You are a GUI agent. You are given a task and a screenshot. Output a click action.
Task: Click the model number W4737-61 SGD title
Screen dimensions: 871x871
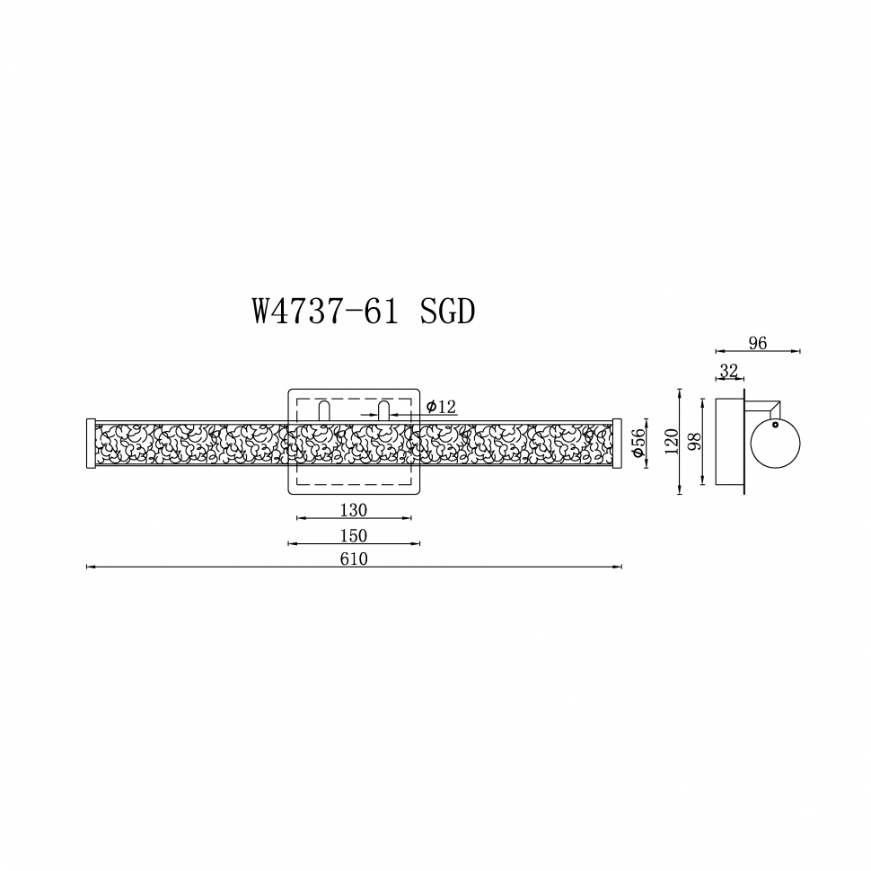click(x=364, y=312)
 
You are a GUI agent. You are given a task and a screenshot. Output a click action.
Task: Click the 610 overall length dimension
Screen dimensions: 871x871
click(x=354, y=559)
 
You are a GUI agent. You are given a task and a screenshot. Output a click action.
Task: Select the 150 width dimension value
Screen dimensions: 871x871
click(x=354, y=535)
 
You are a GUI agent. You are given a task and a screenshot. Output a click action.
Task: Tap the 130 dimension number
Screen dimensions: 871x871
click(x=354, y=510)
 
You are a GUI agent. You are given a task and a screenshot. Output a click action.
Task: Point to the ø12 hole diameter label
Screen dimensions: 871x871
click(x=441, y=407)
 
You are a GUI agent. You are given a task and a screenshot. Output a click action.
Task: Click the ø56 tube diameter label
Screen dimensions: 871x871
click(x=638, y=444)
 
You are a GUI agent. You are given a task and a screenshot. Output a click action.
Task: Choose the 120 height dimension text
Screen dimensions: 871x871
click(x=669, y=442)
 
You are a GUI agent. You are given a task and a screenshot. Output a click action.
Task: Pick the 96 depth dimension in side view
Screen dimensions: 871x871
click(x=757, y=343)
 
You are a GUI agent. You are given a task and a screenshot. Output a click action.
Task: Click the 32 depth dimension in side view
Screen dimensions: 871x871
click(x=728, y=370)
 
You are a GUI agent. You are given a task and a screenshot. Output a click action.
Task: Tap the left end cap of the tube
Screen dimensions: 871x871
click(x=90, y=443)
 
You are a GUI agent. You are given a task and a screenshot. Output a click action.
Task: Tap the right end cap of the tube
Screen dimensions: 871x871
click(x=617, y=443)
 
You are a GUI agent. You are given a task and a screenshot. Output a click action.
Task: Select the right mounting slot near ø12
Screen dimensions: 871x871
click(x=384, y=411)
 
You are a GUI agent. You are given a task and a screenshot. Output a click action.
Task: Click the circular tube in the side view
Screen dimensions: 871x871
click(x=775, y=444)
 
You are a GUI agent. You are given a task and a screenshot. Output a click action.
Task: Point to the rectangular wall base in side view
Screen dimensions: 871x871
click(x=729, y=442)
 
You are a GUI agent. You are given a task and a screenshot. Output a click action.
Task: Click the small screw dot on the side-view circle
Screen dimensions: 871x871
click(x=775, y=425)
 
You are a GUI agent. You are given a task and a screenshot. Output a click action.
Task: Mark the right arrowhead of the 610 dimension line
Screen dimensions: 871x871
click(x=620, y=567)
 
